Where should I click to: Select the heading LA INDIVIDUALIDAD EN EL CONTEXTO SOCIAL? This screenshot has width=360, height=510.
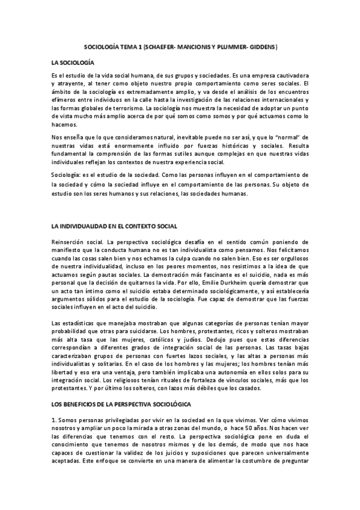coord(114,226)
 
